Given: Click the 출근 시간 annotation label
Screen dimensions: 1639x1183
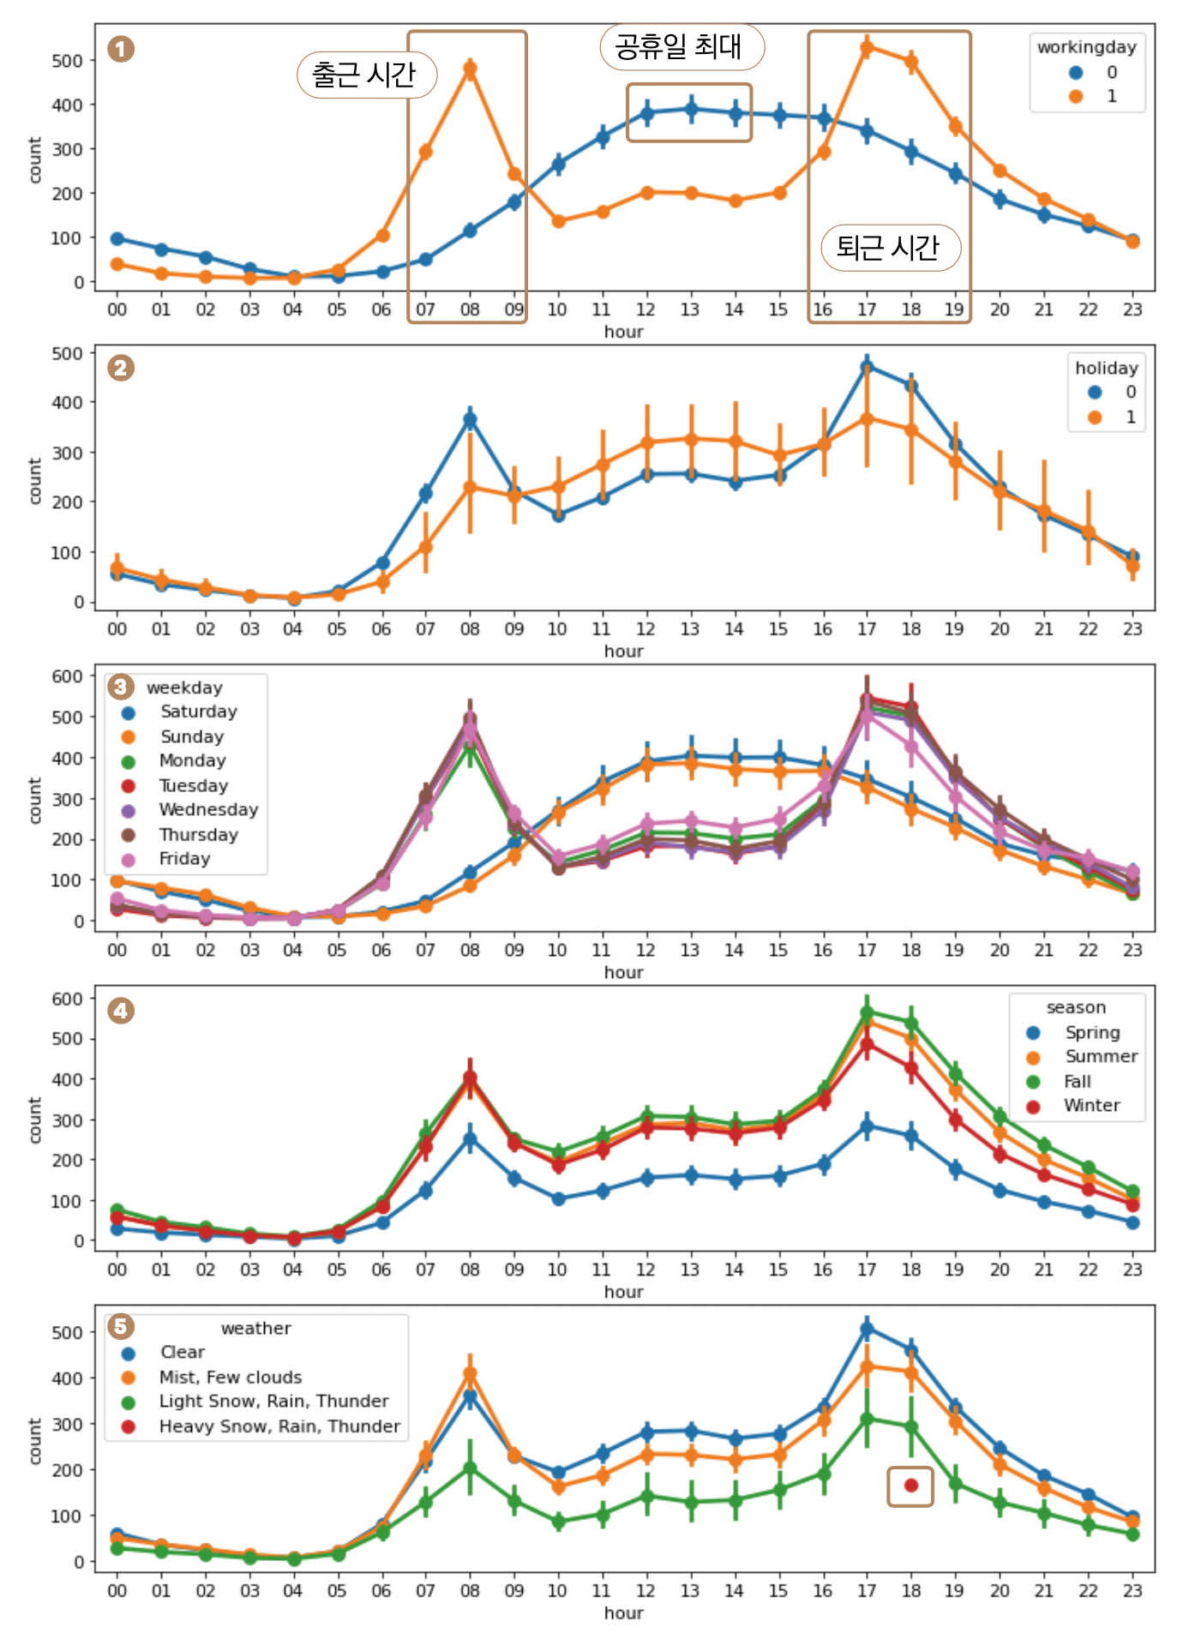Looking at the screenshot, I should pos(366,75).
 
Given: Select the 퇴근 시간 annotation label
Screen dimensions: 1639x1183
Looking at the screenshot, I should pos(890,248).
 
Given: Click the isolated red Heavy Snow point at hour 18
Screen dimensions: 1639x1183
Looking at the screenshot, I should pos(910,1486).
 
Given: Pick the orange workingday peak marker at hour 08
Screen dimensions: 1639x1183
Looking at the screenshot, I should pos(470,69).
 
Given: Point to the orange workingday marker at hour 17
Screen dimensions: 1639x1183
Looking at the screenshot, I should pos(867,48).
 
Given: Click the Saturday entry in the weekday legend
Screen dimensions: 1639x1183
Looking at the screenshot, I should pos(198,711).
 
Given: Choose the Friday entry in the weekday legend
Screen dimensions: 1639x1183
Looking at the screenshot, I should pos(184,859).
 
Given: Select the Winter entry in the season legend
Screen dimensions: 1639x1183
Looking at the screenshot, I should pos(1091,1106).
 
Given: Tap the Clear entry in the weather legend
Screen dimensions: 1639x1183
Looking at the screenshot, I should pos(182,1352).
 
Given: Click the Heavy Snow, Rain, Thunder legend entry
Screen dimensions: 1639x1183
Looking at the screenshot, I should pos(279,1426).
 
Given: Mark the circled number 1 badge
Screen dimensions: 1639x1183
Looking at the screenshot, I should pos(121,49).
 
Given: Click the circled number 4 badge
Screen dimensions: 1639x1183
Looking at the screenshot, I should pos(121,1011).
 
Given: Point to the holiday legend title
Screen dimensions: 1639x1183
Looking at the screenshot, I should pos(1106,368).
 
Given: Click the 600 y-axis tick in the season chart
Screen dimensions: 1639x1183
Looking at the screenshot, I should pos(67,999).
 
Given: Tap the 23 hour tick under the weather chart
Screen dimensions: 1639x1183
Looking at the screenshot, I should pos(1132,1591).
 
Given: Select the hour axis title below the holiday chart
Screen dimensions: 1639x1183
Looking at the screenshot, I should pos(623,651).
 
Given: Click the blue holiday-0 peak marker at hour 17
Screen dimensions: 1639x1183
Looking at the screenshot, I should pos(867,367).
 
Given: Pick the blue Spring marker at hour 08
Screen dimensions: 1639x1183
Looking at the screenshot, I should pos(470,1139).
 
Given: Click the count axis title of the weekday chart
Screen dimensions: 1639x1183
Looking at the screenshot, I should pos(35,801).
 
